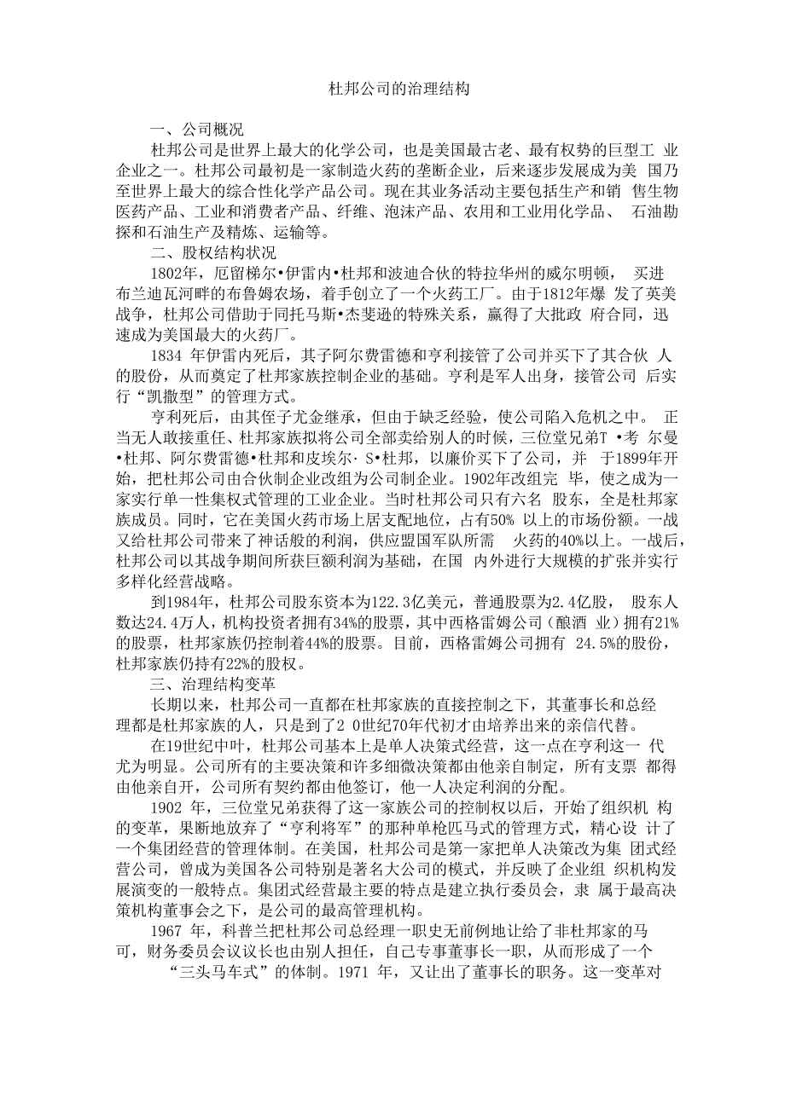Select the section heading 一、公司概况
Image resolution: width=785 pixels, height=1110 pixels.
[x=195, y=130]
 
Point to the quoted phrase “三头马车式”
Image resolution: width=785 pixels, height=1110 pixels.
[x=217, y=970]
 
